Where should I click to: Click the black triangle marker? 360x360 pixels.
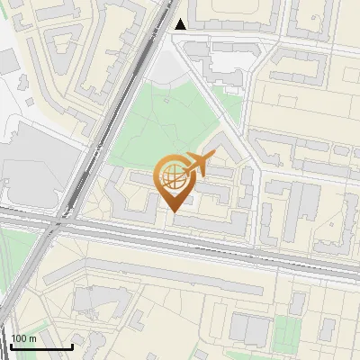(x=181, y=24)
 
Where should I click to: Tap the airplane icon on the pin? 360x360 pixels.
(x=197, y=166)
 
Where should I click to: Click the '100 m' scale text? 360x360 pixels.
(x=23, y=338)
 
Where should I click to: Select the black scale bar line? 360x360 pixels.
(x=41, y=346)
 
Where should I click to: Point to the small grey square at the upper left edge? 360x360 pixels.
(x=7, y=62)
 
